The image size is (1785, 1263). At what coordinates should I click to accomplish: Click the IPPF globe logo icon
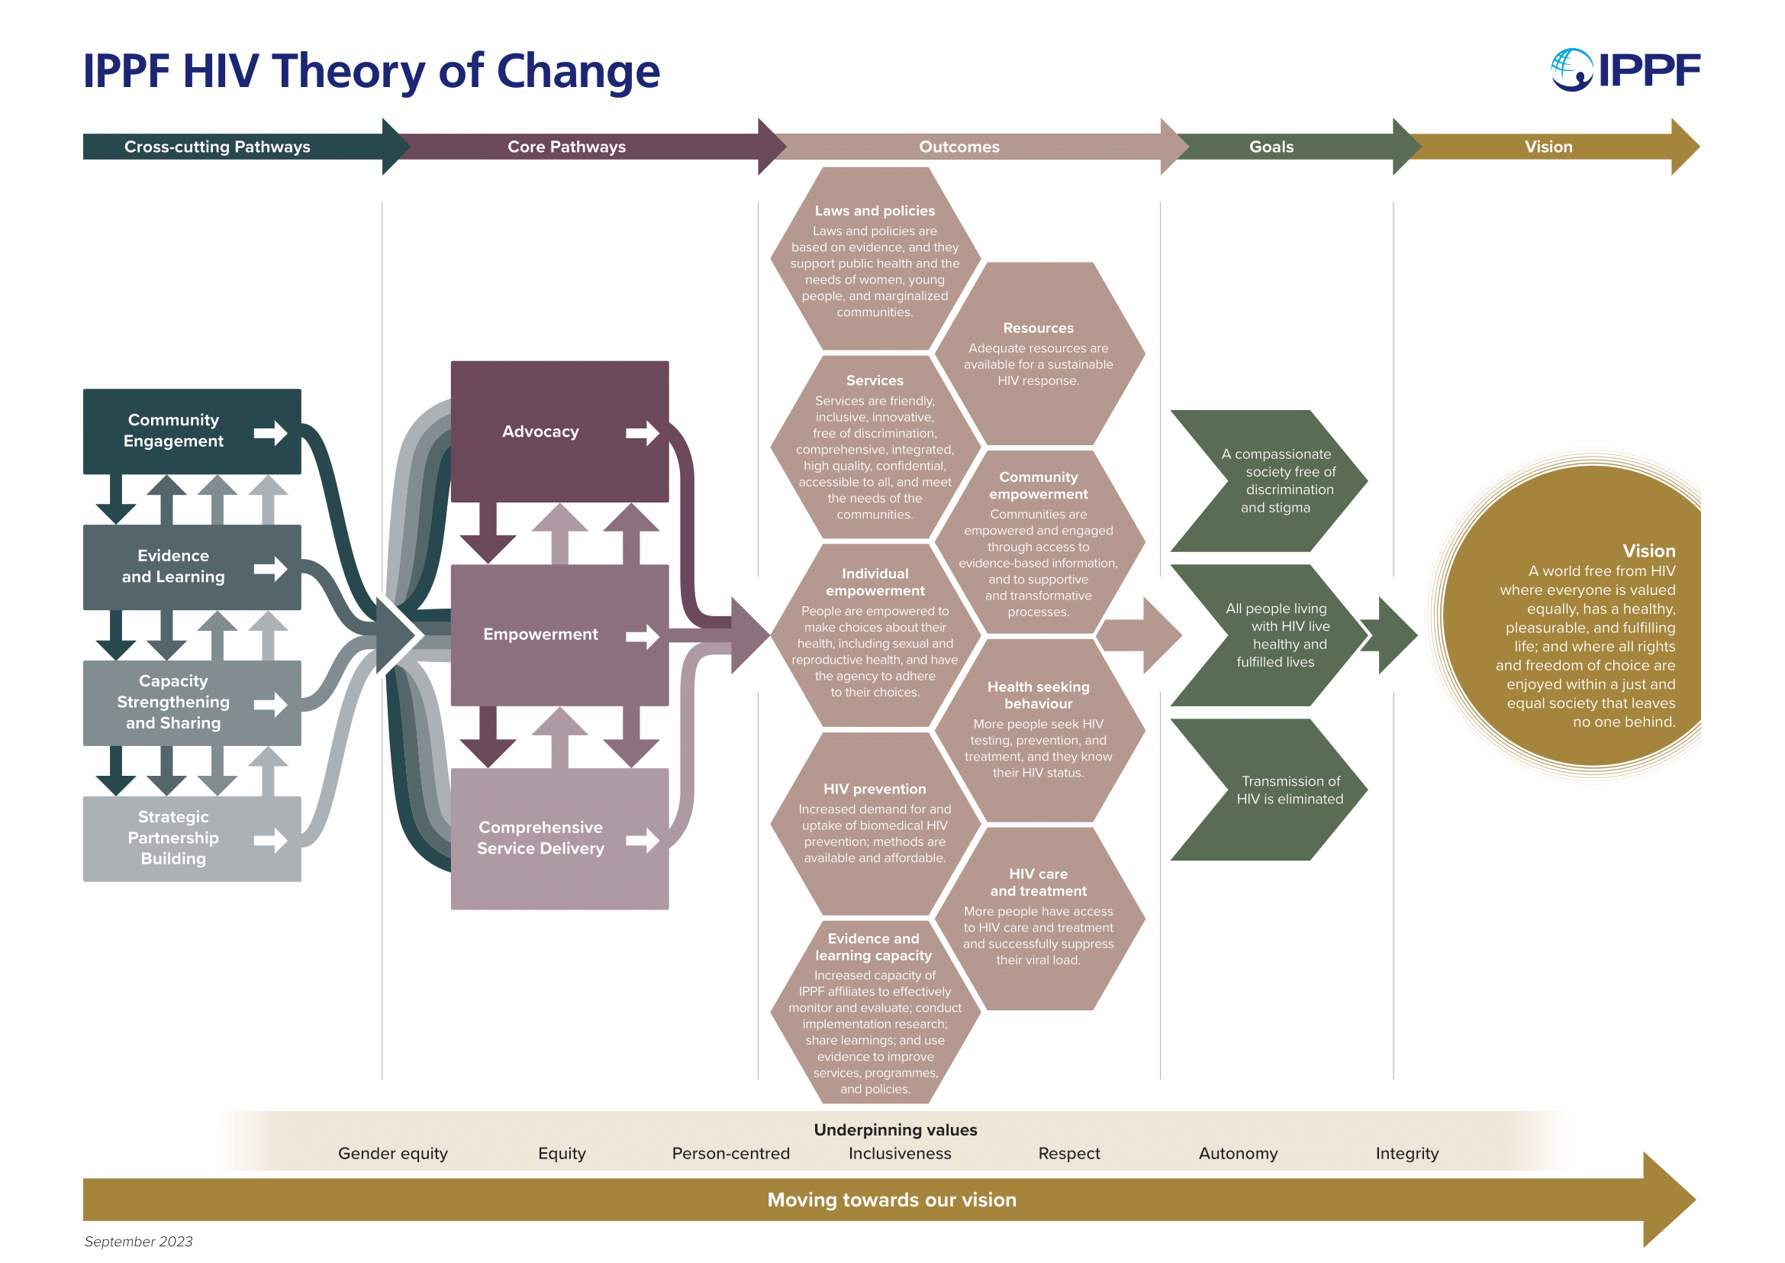1572,70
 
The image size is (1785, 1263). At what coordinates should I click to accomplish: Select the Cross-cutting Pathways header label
217,146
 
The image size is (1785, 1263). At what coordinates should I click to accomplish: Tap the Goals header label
1271,146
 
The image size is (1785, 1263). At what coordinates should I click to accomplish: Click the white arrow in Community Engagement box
271,432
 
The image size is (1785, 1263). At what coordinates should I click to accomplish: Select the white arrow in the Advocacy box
643,432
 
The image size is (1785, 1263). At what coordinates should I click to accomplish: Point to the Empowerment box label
540,634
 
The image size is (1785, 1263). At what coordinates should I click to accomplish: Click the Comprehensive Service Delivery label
540,838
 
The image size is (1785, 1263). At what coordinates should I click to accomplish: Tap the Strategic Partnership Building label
173,838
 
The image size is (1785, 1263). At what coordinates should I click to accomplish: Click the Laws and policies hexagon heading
875,211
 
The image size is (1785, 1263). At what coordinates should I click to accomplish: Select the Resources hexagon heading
1038,328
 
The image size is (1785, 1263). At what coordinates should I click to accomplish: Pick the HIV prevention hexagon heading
875,789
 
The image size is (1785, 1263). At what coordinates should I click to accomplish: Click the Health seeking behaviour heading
1038,696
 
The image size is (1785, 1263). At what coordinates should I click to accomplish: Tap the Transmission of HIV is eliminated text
1290,790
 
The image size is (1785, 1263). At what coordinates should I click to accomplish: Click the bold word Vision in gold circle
1648,551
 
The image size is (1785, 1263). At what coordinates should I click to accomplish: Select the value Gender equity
392,1153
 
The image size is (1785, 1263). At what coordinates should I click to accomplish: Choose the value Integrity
1407,1153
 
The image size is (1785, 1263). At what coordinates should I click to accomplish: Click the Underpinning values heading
896,1130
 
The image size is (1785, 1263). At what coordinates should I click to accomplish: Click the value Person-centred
731,1153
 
